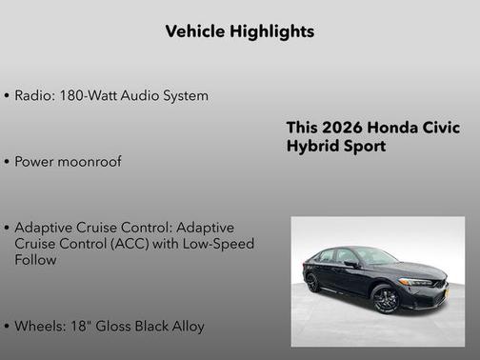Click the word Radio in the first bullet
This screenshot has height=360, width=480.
coord(33,96)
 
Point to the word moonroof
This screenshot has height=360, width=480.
coord(90,162)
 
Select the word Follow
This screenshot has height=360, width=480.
coord(36,260)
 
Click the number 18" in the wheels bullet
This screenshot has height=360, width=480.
coord(79,326)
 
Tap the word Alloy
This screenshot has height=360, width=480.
coord(187,326)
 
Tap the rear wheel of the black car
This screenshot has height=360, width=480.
coord(312,282)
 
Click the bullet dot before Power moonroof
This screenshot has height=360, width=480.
coord(8,163)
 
